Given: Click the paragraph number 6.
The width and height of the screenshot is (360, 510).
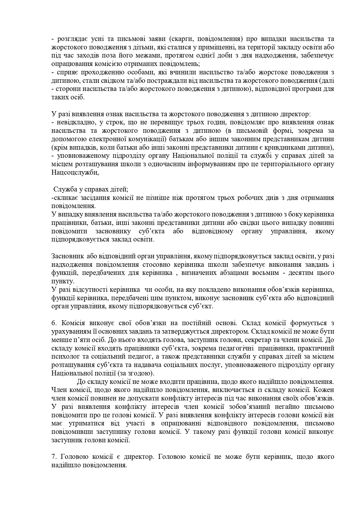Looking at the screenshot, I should (53, 323).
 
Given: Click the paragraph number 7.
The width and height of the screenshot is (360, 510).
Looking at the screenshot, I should (53, 457).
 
